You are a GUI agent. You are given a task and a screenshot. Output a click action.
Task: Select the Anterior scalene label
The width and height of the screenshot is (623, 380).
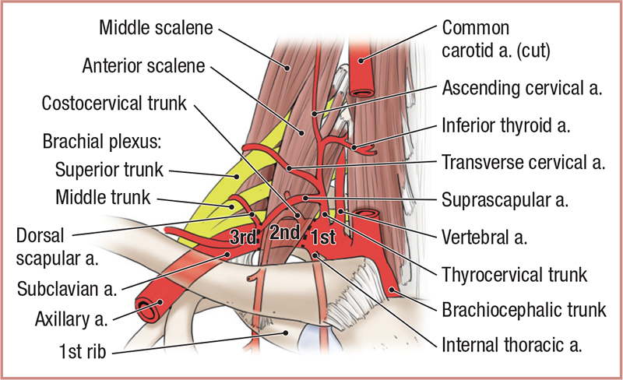tap(143, 66)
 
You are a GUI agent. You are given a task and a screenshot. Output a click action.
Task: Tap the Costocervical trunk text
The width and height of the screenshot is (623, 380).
tap(114, 104)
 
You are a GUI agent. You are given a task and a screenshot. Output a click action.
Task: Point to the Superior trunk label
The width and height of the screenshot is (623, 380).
tap(105, 167)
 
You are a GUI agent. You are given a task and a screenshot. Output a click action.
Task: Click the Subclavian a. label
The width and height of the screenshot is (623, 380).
tap(66, 290)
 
